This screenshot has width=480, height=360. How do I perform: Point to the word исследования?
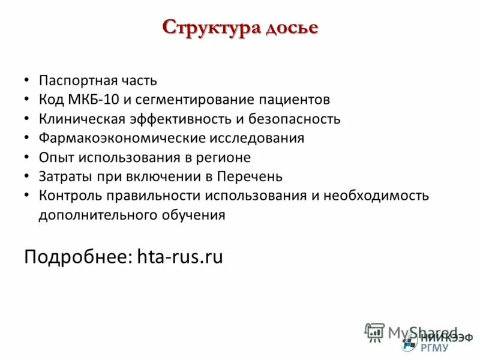[x=257, y=138]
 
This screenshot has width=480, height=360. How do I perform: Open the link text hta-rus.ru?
[x=180, y=257]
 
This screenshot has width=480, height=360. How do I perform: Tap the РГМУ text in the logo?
[x=434, y=346]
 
